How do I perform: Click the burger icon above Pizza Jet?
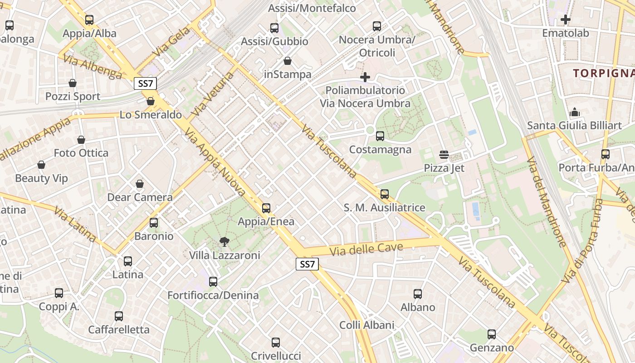(x=444, y=155)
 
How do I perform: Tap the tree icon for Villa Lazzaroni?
(x=224, y=242)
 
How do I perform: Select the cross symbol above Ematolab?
(x=566, y=20)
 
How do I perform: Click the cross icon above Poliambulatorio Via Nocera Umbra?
(x=365, y=77)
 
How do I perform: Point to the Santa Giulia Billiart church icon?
(x=575, y=112)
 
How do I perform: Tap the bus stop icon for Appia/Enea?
(x=266, y=208)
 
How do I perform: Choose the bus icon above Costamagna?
(x=380, y=136)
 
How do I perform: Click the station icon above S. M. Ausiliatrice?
(x=385, y=194)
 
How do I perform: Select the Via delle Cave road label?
(x=366, y=249)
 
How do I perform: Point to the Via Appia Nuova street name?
(x=216, y=162)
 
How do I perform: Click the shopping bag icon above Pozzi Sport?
(x=73, y=83)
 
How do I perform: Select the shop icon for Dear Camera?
(x=140, y=184)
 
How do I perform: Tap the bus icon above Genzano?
(x=492, y=335)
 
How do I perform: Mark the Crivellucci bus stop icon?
(x=276, y=343)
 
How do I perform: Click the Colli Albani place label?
(x=367, y=325)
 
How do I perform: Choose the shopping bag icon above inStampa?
(x=288, y=61)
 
